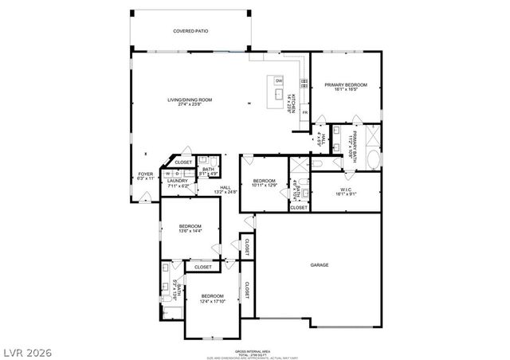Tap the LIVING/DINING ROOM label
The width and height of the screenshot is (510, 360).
point(190,100)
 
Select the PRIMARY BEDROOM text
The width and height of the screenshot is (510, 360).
point(346,84)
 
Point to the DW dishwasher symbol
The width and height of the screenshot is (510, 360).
point(279,81)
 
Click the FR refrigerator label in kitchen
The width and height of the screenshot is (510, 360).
point(305,112)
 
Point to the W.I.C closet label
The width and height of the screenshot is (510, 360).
point(346,188)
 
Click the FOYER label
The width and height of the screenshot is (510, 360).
point(144,175)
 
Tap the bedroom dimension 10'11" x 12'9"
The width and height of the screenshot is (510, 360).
point(264,186)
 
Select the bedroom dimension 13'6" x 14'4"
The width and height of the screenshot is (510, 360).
point(190,231)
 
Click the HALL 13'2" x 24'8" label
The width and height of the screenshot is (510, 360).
point(226,189)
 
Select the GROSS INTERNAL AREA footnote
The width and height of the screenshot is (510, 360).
point(255,351)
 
